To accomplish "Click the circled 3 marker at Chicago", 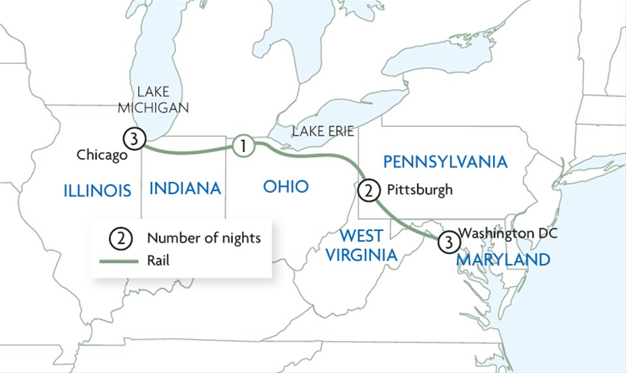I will pos(133,139).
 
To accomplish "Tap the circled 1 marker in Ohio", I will pos(243,145).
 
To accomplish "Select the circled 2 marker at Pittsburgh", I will pos(368,190).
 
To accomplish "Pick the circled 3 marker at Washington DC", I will pos(447,241).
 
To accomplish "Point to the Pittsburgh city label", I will pos(419,190).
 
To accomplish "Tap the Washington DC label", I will pos(509,232).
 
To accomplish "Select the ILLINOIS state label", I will pos(98,190).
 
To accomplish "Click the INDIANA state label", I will pos(185,188).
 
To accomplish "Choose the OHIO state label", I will pos(286,186).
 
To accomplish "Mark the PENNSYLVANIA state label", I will pos(445,161).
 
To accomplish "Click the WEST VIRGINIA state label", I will pos(361,245).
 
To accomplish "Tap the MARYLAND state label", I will pos(503,260).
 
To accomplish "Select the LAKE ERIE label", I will pos(323,132).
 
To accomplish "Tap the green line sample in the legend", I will pos(118,261).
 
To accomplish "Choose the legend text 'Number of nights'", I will pos(203,238).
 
